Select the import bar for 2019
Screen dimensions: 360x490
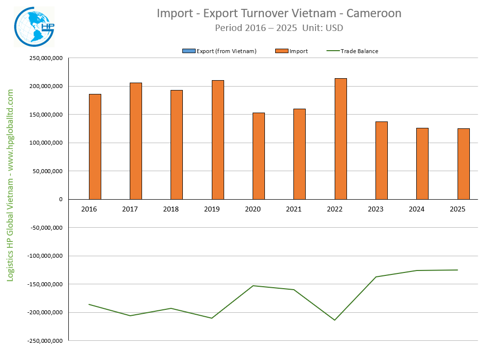[218, 140]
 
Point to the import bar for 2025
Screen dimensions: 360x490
[463, 164]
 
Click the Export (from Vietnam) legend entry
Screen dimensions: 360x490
[219, 51]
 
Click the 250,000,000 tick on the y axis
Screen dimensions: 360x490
[45, 58]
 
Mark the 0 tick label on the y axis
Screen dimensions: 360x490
[60, 199]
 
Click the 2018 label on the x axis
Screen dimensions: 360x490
[171, 209]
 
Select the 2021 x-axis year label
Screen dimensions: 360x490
[294, 209]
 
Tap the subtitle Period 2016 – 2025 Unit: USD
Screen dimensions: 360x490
[279, 28]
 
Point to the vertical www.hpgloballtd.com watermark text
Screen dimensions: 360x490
[10, 186]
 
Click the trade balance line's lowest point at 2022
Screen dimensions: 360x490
[335, 320]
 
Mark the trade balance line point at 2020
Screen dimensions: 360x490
[253, 286]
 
